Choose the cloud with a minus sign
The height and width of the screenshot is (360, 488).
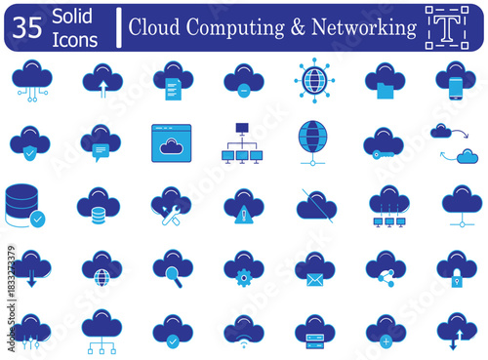[243, 79]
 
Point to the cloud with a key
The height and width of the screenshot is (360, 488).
[384, 142]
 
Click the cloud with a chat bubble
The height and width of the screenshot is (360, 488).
[101, 141]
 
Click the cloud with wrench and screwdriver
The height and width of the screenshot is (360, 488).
[171, 206]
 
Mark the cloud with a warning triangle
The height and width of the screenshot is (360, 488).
[243, 206]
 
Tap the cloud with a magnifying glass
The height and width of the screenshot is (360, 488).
[171, 268]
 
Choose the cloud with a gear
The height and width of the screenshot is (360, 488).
[243, 268]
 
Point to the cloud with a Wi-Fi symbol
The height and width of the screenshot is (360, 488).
[243, 331]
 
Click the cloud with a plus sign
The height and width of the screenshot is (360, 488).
[386, 331]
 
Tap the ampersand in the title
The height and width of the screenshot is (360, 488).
[296, 27]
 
